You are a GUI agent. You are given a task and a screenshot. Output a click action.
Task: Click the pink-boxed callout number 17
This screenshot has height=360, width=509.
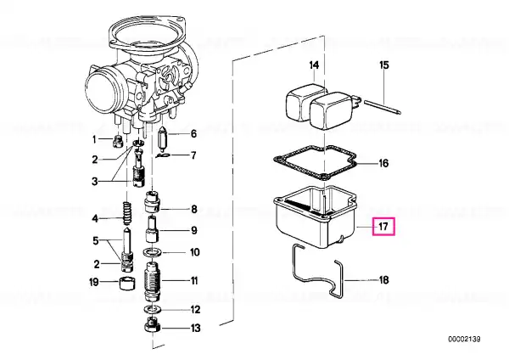point(383,226)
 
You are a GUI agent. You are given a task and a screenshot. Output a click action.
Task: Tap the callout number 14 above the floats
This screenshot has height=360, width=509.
point(314,65)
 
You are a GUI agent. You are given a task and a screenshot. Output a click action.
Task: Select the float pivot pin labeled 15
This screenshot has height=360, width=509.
point(383,108)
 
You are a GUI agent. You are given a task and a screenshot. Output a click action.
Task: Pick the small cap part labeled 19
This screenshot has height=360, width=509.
point(127,284)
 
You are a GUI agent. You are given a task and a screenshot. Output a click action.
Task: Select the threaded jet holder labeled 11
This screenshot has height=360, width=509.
point(152,281)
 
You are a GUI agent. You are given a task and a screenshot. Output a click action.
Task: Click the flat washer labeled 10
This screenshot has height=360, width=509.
point(152,251)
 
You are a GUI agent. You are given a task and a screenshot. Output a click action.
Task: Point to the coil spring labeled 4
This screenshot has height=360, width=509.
point(127,213)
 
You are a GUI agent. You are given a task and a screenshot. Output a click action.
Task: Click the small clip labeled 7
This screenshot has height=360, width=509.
point(163,156)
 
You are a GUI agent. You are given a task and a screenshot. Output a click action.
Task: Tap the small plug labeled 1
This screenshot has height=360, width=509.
point(118,142)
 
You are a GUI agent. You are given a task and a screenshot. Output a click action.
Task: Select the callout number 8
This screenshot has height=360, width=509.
point(193,209)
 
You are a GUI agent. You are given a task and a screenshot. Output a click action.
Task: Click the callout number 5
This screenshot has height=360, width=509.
point(95,241)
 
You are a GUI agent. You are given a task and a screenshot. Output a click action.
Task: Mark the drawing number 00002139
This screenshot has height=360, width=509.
point(464,340)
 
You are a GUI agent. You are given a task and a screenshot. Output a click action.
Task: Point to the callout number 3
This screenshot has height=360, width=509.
point(94,181)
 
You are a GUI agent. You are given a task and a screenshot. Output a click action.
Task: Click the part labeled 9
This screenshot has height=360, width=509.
point(153,229)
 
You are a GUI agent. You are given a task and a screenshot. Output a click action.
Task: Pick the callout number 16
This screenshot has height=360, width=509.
point(383,163)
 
